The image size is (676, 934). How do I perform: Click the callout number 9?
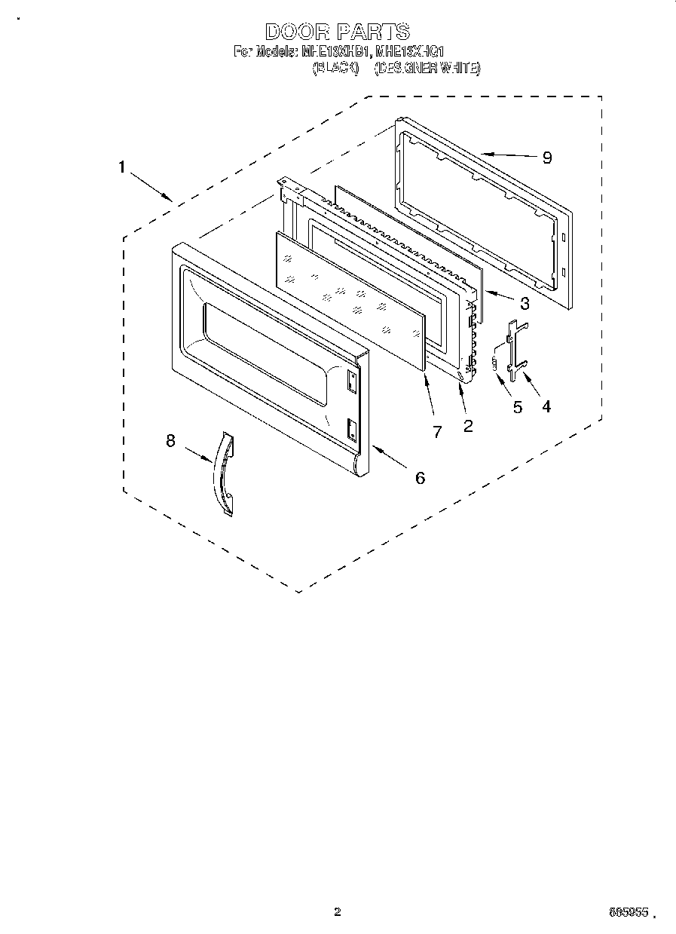[x=547, y=158]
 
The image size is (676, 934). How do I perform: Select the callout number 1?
[x=121, y=167]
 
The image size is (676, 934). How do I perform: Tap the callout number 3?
[x=525, y=304]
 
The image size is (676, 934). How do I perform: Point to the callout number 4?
[x=546, y=406]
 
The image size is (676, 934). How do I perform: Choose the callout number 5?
[x=517, y=406]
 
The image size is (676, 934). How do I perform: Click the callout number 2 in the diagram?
[x=468, y=426]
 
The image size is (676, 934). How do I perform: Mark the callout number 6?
[x=420, y=477]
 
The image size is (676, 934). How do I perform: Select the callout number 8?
[x=170, y=441]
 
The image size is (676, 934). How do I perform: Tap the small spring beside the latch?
[x=496, y=362]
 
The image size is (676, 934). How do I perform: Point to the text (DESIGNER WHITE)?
[x=427, y=69]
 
